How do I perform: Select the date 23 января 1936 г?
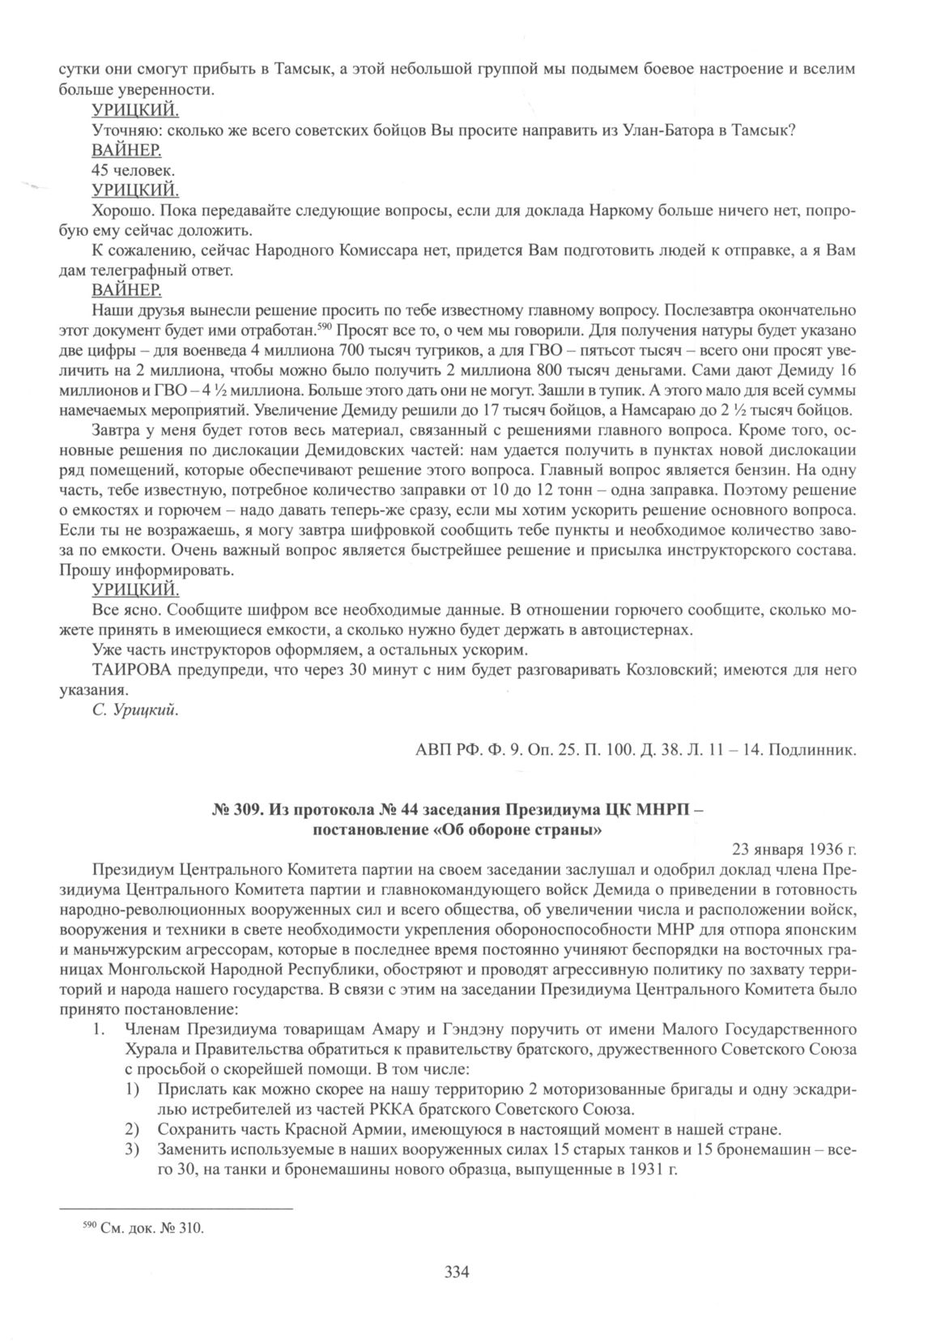point(794,850)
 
